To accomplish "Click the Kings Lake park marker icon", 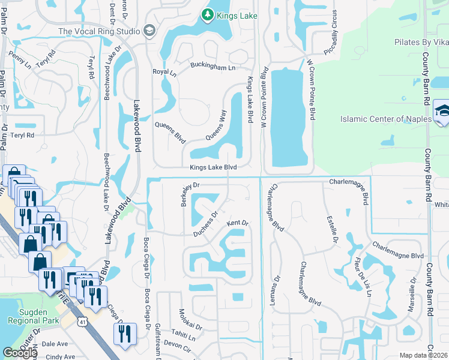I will (x=208, y=13).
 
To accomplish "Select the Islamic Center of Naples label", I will (x=385, y=119).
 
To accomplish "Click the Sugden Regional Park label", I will (x=28, y=316).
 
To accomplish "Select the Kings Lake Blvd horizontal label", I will (x=213, y=168).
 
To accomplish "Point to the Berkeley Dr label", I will (x=187, y=194).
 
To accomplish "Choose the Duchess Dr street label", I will (x=205, y=223).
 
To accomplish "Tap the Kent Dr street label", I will (x=237, y=224).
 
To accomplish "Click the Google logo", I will (x=20, y=353).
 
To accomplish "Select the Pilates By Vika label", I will (x=420, y=43).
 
